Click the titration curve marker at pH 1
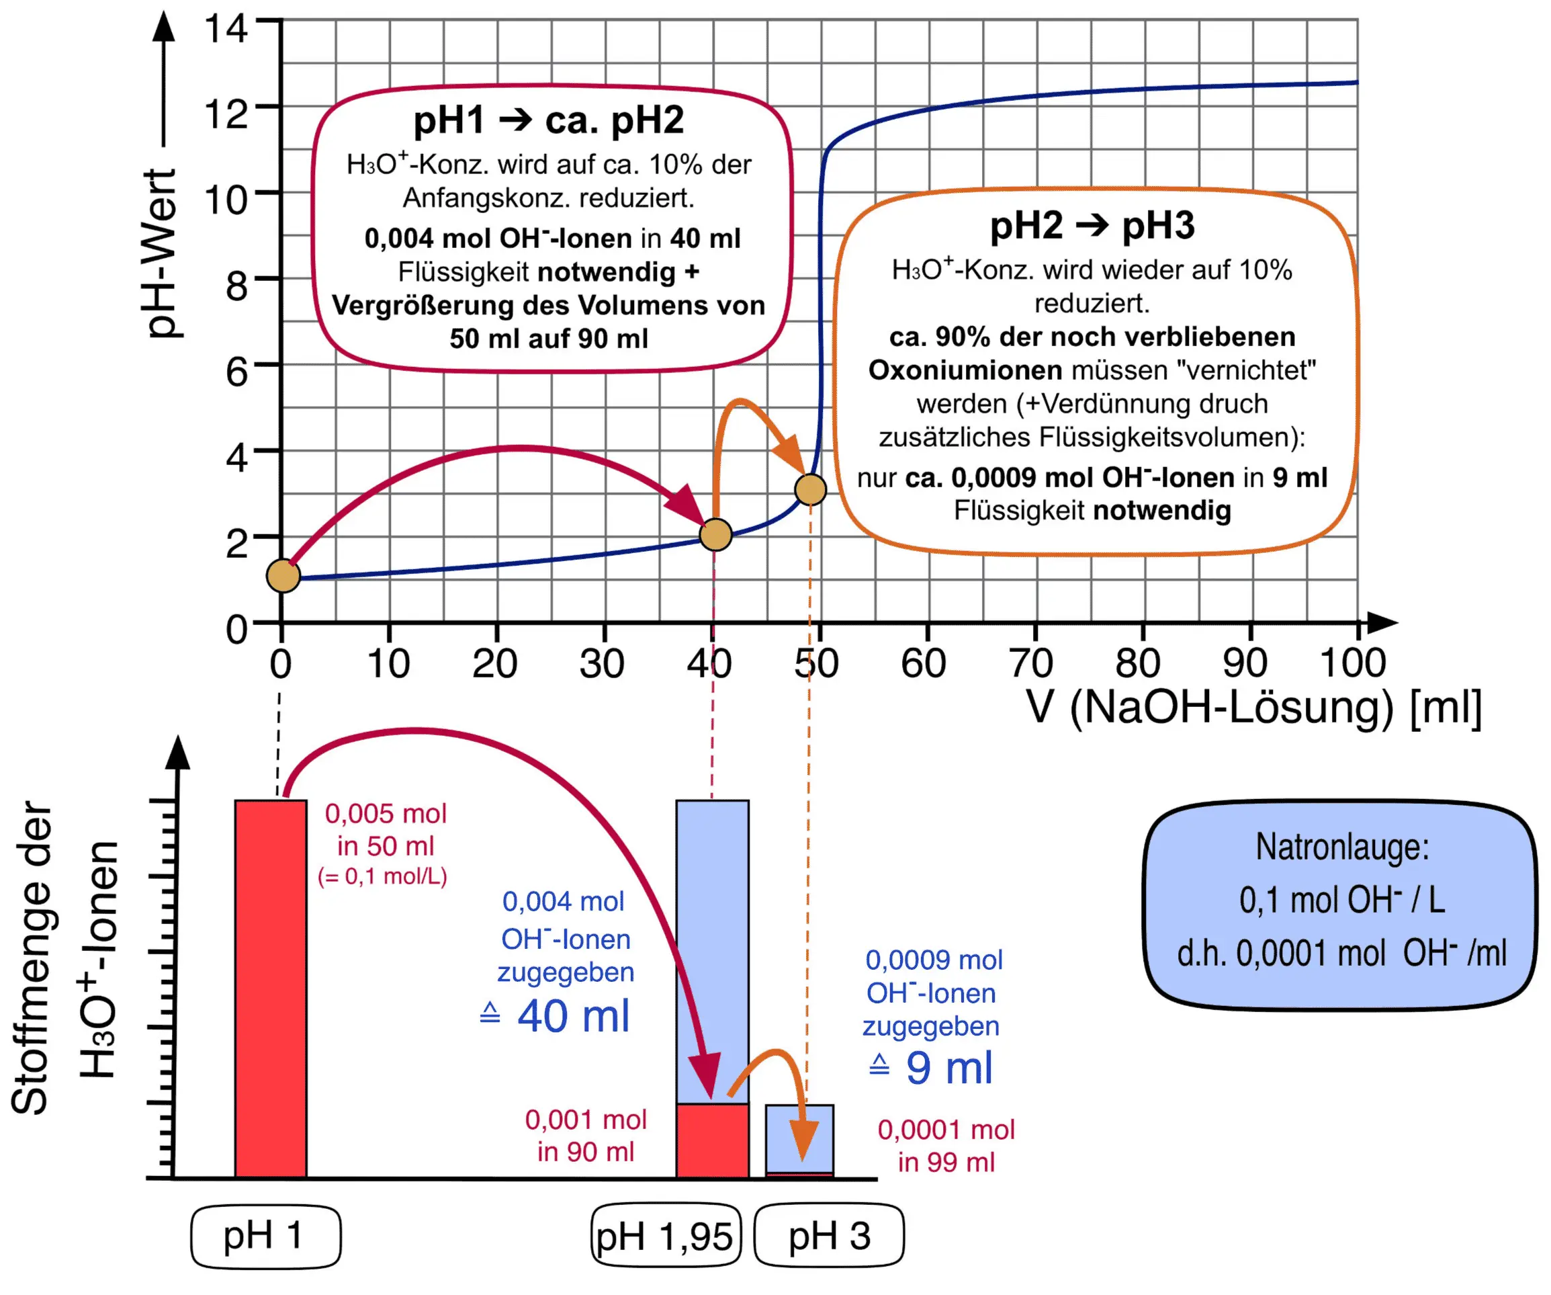point(283,575)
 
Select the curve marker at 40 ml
point(715,535)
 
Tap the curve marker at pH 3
point(810,489)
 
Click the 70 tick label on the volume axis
point(1032,663)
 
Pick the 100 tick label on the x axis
point(1353,663)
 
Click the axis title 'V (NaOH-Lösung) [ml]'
point(1253,708)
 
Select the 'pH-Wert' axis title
point(161,253)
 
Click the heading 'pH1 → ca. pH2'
point(548,120)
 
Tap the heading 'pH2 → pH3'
point(1092,225)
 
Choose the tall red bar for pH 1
point(270,988)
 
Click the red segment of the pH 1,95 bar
point(712,1140)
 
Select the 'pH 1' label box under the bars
point(265,1236)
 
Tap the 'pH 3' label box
point(829,1236)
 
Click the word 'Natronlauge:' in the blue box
point(1342,847)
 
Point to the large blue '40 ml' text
point(573,1017)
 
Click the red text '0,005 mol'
point(386,814)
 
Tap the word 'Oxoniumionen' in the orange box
point(965,370)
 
